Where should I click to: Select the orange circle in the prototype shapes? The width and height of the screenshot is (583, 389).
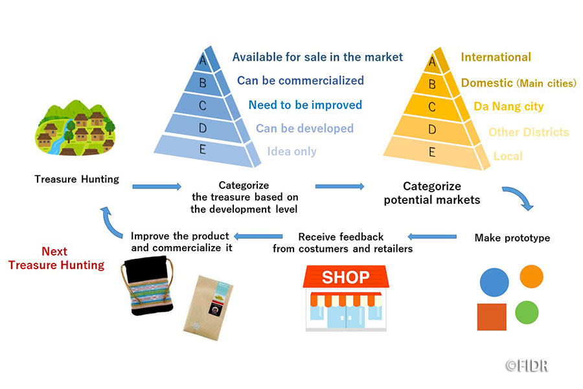(531, 276)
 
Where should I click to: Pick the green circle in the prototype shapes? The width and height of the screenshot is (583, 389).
(527, 313)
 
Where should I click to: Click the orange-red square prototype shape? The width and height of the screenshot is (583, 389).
(492, 317)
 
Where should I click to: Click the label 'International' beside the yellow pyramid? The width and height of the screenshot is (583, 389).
(496, 57)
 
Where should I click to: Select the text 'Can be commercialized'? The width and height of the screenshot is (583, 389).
(301, 81)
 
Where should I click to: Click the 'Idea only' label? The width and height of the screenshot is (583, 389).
(291, 151)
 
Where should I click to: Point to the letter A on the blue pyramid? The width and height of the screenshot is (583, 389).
(203, 61)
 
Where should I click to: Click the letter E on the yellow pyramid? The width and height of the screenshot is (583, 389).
(432, 152)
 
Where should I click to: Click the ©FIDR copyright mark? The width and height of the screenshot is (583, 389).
(527, 365)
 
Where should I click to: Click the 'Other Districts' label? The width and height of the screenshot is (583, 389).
(529, 132)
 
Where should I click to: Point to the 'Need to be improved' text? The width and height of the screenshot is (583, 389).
(305, 105)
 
